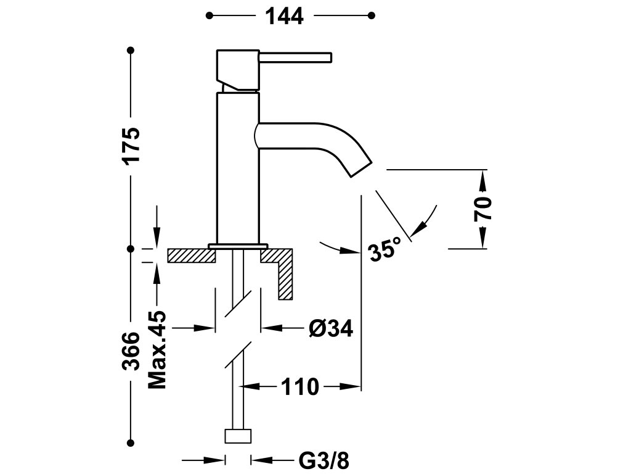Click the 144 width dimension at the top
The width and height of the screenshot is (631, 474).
point(285,15)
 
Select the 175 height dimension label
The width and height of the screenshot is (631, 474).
point(132,146)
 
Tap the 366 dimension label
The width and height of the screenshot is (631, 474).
point(131,351)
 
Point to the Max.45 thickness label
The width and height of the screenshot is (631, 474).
point(158,349)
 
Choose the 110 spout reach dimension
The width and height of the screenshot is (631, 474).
point(300,387)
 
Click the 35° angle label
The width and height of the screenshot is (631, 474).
point(386,251)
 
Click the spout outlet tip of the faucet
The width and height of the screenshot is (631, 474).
point(361,168)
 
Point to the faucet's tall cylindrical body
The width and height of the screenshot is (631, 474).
point(238,167)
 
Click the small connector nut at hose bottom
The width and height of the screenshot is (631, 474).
point(238,436)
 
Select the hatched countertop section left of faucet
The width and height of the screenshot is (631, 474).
point(190,255)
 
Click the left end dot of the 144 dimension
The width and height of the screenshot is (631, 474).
point(210,15)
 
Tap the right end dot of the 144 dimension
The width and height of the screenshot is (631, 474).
point(371,15)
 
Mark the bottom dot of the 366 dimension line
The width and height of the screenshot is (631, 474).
point(131,442)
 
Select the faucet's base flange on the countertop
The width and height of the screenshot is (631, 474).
point(238,246)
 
